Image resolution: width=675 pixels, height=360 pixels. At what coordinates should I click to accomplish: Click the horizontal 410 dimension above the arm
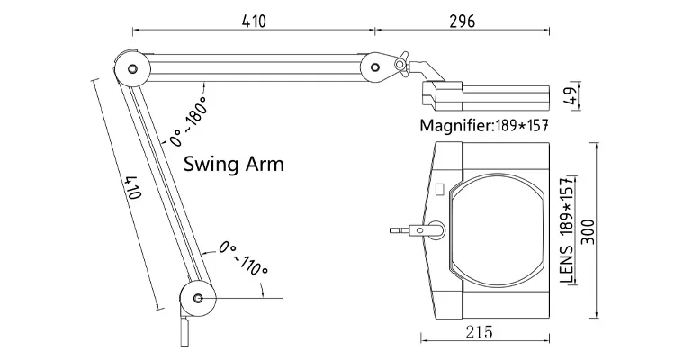coord(254,21)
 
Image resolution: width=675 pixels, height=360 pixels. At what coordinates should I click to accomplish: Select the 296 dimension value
coord(463,21)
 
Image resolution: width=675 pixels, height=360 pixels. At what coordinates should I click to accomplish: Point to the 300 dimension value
coord(588,231)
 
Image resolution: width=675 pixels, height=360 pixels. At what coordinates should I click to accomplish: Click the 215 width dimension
coord(479,332)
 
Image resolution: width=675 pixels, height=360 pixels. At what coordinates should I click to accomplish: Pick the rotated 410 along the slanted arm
coord(134,187)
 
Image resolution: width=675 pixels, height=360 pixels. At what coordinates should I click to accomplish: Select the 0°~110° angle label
coord(243,258)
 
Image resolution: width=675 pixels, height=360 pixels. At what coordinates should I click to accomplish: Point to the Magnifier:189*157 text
coord(484,126)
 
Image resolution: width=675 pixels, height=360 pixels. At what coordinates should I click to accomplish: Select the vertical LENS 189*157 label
coord(568,229)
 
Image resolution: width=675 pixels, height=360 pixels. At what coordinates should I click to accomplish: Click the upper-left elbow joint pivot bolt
coord(132,68)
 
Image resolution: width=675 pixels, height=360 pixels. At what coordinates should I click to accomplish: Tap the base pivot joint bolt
coord(198,298)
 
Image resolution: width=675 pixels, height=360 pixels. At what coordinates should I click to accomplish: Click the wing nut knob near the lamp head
coord(400,65)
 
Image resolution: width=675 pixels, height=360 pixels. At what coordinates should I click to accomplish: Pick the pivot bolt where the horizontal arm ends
coord(375,67)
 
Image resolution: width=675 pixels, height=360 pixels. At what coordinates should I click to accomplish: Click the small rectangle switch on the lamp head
coord(440,189)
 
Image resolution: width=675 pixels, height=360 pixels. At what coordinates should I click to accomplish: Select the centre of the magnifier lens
coord(496,226)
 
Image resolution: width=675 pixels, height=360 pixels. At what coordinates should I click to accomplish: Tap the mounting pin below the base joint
coord(185,330)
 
